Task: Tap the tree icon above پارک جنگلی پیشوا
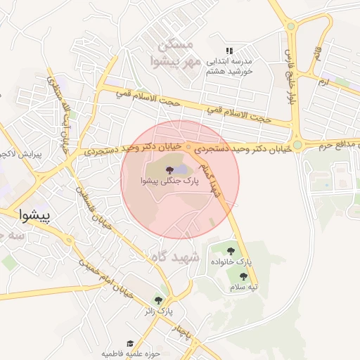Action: click(167, 169)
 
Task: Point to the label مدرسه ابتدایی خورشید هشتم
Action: click(229, 66)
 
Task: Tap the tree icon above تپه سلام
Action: click(233, 276)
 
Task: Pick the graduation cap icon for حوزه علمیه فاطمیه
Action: click(130, 343)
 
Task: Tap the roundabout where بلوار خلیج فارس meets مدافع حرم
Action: click(297, 146)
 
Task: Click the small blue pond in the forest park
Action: click(181, 169)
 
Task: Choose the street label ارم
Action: click(323, 83)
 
